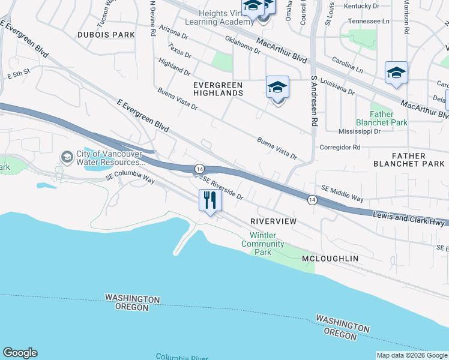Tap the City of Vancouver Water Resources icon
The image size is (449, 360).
(67, 157)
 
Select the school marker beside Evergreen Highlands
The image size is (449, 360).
(277, 88)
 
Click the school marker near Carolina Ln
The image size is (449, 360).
(396, 73)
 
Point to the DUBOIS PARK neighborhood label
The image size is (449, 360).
(106, 35)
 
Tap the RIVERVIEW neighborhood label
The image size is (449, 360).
(273, 221)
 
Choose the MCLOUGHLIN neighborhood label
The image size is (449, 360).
(330, 258)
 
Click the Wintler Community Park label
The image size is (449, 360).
(263, 244)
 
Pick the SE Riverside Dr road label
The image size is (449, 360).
(222, 187)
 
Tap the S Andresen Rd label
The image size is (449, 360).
(313, 100)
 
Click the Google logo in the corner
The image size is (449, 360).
(20, 353)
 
